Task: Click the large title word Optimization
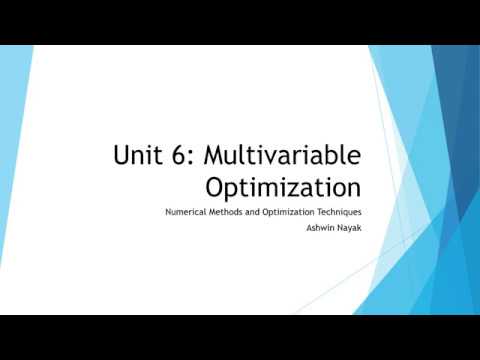[x=283, y=186]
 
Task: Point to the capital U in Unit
[x=122, y=156]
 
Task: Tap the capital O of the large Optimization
[x=216, y=186]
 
